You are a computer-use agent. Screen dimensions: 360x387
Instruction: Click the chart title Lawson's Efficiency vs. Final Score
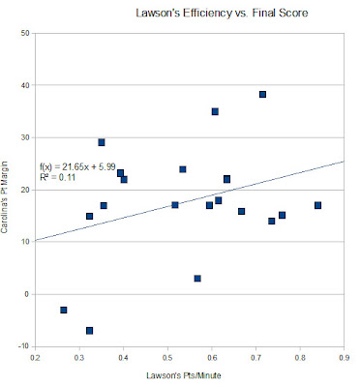222,13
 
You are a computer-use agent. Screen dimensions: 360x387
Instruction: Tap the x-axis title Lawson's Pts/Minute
184,375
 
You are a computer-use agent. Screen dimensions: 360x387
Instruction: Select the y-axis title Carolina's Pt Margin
4,197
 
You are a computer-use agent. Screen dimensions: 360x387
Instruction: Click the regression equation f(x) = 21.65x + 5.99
77,166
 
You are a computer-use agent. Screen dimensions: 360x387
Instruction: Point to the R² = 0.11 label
57,177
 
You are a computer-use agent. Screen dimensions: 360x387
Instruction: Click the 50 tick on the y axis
25,33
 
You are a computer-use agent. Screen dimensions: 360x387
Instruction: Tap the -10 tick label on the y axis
24,346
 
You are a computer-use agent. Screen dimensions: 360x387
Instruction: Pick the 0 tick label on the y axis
27,294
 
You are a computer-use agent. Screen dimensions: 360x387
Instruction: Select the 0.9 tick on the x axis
345,358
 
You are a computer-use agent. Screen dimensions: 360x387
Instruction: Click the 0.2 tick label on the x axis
35,358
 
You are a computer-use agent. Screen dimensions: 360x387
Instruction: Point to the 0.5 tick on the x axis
167,358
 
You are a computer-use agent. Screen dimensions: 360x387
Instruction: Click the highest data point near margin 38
262,94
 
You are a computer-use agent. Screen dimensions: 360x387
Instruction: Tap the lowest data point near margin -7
89,331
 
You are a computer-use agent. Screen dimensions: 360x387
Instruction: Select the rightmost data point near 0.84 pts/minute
317,205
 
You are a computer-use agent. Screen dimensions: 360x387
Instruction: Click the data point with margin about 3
197,279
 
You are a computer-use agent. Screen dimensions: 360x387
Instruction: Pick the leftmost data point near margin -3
64,310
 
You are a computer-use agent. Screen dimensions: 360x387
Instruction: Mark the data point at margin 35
215,111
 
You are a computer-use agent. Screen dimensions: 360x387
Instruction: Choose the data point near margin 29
102,142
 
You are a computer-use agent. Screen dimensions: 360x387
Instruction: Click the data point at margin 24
183,169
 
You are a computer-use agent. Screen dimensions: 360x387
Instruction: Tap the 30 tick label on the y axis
25,137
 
